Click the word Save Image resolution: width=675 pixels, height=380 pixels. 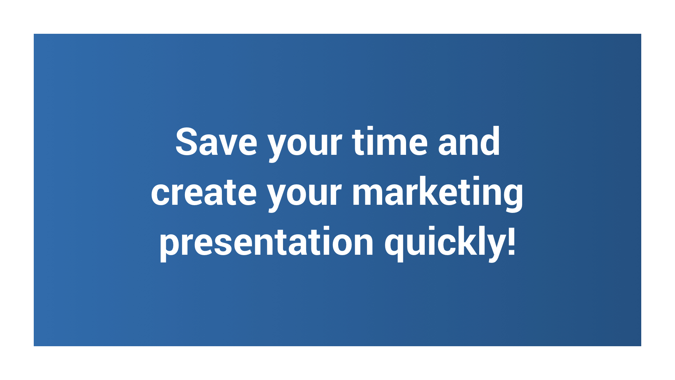click(216, 141)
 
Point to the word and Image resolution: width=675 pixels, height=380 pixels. click(469, 141)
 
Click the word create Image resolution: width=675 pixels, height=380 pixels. click(204, 192)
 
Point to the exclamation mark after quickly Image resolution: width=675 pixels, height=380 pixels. click(512, 241)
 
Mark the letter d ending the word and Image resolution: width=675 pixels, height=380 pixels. click(489, 141)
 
